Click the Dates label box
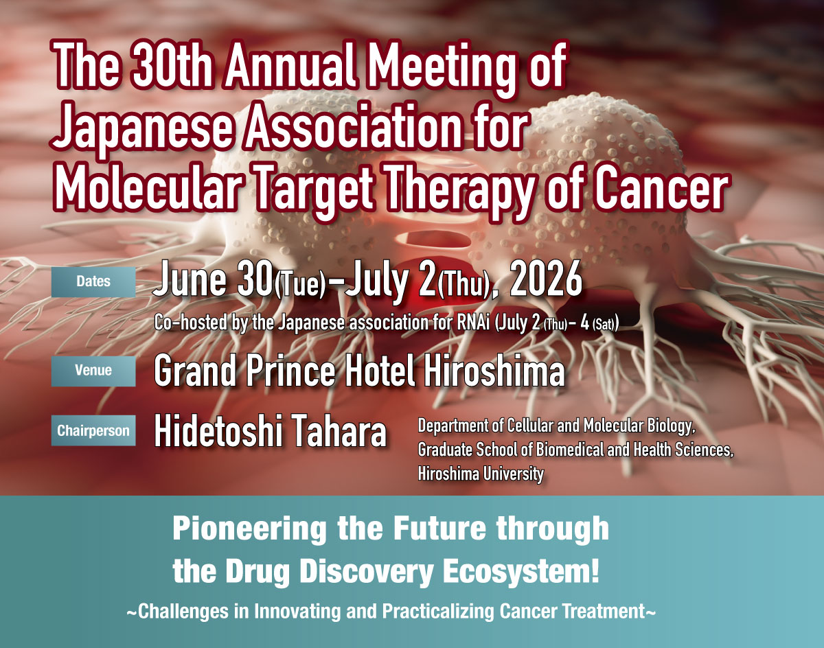click(x=93, y=281)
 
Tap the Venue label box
click(x=93, y=371)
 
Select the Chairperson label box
click(x=93, y=430)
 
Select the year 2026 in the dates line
click(x=547, y=280)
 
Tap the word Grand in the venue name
click(x=195, y=370)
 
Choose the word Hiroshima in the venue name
click(x=493, y=370)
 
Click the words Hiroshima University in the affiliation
click(x=481, y=474)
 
